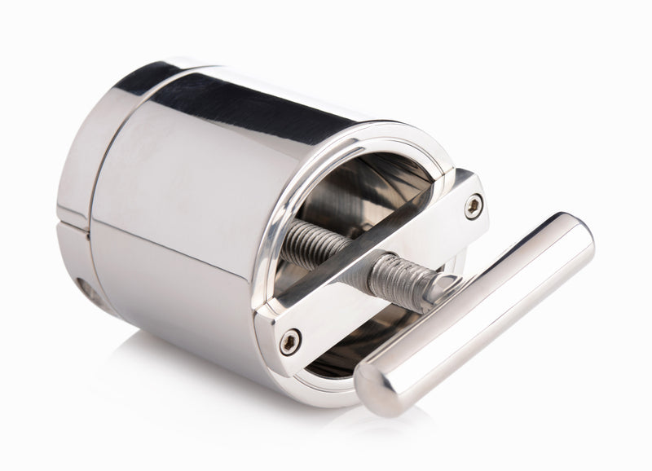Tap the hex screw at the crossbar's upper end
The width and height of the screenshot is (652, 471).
tap(473, 206)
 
